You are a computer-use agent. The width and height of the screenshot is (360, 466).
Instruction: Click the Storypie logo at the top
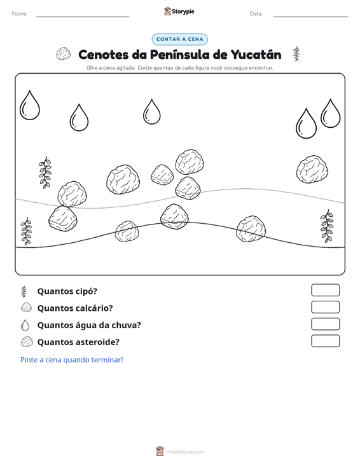(x=179, y=11)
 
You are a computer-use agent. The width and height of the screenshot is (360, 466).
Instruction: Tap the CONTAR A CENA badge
(x=179, y=39)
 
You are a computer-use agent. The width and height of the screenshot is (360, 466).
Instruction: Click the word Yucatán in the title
(x=256, y=55)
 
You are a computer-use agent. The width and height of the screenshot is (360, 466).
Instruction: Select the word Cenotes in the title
(x=103, y=55)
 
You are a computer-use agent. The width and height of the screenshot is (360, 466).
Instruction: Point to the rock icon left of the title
(x=64, y=54)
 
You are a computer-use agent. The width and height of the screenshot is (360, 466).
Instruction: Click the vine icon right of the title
(x=296, y=54)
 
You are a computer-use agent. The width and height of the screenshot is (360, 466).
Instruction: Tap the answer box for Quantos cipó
(x=325, y=290)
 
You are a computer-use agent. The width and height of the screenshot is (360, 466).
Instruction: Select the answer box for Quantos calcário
(x=325, y=307)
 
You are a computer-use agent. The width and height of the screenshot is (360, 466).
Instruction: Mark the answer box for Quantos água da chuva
(x=325, y=324)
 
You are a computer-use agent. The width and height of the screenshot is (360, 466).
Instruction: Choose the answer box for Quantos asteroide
(x=325, y=341)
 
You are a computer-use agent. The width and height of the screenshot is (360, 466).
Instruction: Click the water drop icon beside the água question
(x=25, y=325)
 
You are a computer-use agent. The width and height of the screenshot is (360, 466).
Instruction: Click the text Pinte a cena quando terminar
(x=72, y=360)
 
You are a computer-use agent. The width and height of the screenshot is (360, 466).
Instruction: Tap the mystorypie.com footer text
(x=184, y=452)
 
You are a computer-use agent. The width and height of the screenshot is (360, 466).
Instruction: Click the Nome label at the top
(x=20, y=14)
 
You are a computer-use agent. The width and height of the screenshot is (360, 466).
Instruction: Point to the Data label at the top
(x=256, y=14)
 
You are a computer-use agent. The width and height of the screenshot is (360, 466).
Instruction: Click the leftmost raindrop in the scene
(x=30, y=105)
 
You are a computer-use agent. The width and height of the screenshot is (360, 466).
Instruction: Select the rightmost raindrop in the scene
(x=330, y=113)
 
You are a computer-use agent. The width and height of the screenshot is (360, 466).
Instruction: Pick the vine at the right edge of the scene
(x=327, y=226)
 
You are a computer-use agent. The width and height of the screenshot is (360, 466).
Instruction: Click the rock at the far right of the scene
(x=312, y=169)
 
